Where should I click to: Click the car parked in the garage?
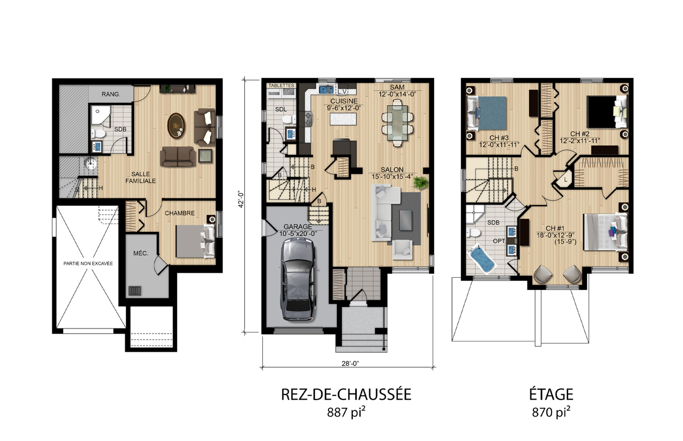click(x=298, y=280)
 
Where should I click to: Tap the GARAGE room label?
click(x=298, y=227)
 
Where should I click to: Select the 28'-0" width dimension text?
click(x=350, y=363)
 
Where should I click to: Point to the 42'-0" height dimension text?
click(x=241, y=199)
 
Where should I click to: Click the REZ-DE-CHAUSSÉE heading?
click(x=346, y=394)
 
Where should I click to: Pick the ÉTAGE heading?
click(x=551, y=394)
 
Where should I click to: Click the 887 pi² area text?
click(x=346, y=413)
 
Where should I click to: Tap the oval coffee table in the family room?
click(x=176, y=126)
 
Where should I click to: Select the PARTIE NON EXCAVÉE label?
click(x=88, y=264)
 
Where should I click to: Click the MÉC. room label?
click(x=141, y=253)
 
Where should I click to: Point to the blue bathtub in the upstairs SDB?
click(x=482, y=259)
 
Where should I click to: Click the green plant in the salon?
click(x=421, y=183)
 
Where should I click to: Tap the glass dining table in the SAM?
click(x=397, y=123)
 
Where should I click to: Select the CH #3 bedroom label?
click(x=499, y=138)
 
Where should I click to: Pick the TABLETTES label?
click(x=281, y=86)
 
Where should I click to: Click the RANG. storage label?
click(x=111, y=94)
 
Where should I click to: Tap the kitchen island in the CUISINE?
click(x=343, y=119)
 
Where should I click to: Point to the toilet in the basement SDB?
click(x=98, y=134)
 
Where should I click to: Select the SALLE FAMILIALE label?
click(x=141, y=177)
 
